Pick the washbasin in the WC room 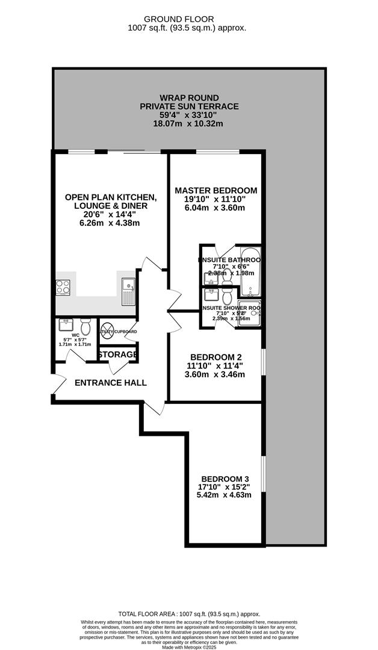point(65,325)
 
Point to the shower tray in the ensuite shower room point(249,312)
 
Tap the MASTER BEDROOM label point(215,191)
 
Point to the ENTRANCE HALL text point(110,383)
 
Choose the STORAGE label point(117,354)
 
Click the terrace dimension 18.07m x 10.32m point(189,124)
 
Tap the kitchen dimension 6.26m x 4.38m point(111,223)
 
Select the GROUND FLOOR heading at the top point(187,19)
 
